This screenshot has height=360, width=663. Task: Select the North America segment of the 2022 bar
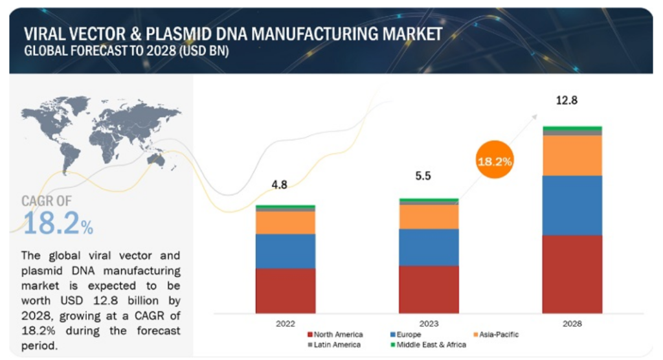click(x=286, y=290)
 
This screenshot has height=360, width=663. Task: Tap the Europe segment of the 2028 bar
click(x=572, y=205)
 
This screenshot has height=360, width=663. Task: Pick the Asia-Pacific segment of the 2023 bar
click(x=429, y=216)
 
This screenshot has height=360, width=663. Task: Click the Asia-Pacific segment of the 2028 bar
click(x=572, y=155)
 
